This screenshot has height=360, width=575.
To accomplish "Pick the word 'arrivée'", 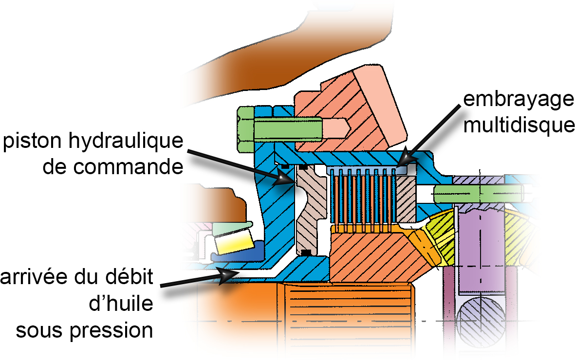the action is (39, 279).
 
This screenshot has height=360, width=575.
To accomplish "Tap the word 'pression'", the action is (111, 331).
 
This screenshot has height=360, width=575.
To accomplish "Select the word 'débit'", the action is (129, 279).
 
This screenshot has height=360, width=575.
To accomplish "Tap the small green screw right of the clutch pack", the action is (458, 193).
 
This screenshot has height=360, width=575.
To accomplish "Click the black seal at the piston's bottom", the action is (306, 252).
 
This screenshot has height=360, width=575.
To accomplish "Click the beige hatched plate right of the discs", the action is (406, 198).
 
